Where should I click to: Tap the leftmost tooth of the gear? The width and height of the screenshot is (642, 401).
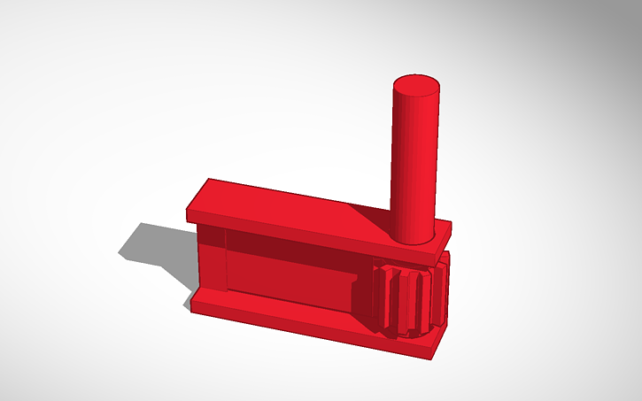(x=379, y=297)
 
